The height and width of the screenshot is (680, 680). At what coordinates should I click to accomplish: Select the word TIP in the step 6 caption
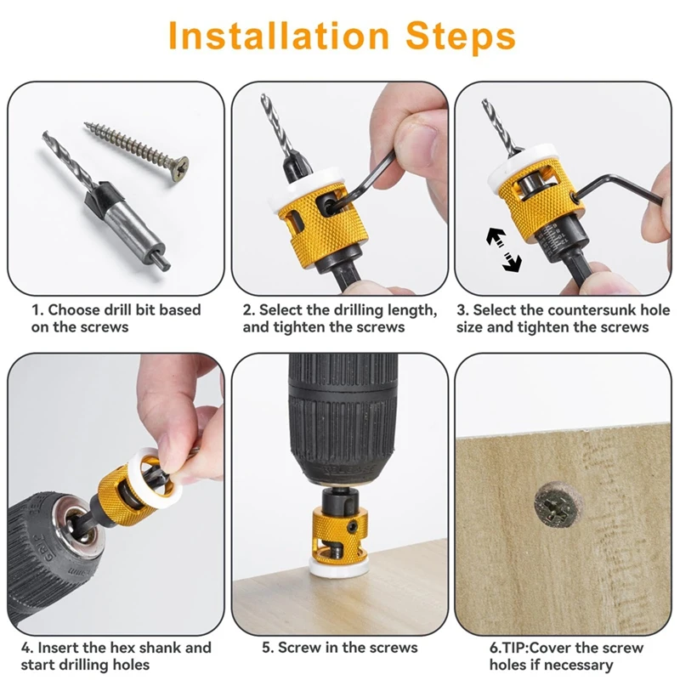tap(514, 648)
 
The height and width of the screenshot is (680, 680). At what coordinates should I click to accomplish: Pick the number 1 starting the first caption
tap(36, 310)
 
